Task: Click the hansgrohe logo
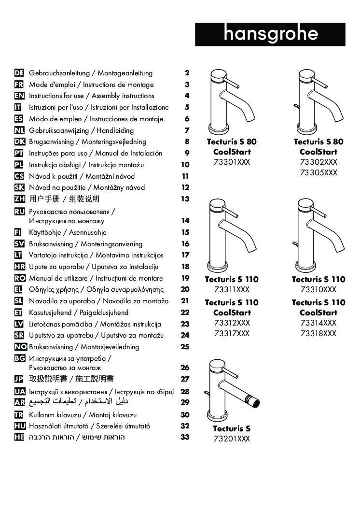[270, 34]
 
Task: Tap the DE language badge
[19, 73]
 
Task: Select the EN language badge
[19, 96]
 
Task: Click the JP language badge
[19, 379]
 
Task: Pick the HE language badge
[19, 437]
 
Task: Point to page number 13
[185, 199]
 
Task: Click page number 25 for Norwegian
[185, 347]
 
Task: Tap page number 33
[185, 438]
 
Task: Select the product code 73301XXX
[232, 162]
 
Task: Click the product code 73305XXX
[318, 173]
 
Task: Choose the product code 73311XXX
[232, 290]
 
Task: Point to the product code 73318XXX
[318, 333]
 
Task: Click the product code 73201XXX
[232, 439]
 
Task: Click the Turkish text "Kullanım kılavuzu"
[55, 415]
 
